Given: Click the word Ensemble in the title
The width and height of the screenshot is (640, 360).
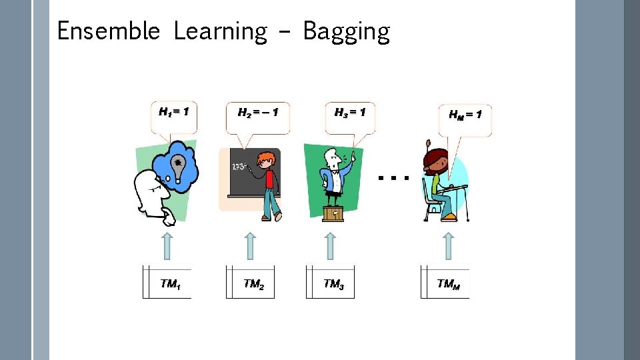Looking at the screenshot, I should pyautogui.click(x=108, y=31).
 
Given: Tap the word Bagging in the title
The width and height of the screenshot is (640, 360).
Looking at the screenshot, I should pyautogui.click(x=346, y=32).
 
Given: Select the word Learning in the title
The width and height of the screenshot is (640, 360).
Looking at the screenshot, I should pyautogui.click(x=220, y=32).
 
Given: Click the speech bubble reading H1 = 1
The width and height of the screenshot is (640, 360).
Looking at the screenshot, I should pyautogui.click(x=173, y=114).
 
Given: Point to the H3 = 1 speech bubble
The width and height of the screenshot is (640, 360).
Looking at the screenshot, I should pyautogui.click(x=350, y=115).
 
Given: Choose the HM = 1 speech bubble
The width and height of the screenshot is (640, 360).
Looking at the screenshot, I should pyautogui.click(x=465, y=117).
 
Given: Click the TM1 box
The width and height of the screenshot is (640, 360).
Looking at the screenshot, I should pyautogui.click(x=167, y=283).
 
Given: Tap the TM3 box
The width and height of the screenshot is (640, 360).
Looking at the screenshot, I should pyautogui.click(x=331, y=283).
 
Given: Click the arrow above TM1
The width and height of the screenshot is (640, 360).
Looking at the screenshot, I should pyautogui.click(x=167, y=245).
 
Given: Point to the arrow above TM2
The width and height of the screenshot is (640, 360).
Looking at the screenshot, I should pyautogui.click(x=249, y=245).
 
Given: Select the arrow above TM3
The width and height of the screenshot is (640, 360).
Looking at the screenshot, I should pyautogui.click(x=331, y=245).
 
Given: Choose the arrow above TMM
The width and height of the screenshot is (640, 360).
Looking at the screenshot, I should pyautogui.click(x=448, y=245).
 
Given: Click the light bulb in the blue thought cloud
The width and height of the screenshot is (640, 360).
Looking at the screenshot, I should pyautogui.click(x=178, y=166).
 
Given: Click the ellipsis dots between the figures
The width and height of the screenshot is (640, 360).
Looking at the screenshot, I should pyautogui.click(x=392, y=178).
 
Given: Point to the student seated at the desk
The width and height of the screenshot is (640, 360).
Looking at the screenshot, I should pyautogui.click(x=440, y=183).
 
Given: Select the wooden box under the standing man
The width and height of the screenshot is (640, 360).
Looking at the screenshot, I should pyautogui.click(x=333, y=213).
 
